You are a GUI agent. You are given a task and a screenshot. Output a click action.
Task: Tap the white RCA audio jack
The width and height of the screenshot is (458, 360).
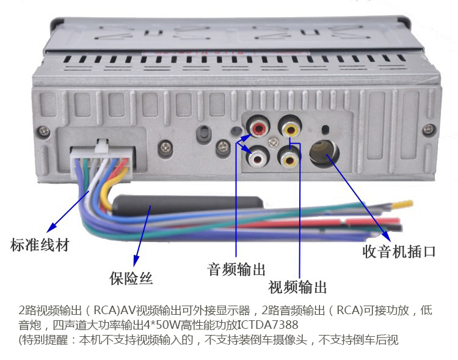tap(257, 158)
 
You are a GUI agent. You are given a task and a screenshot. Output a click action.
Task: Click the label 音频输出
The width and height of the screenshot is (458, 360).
tap(236, 269)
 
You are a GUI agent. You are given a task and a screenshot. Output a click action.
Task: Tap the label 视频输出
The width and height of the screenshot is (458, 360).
tap(297, 287)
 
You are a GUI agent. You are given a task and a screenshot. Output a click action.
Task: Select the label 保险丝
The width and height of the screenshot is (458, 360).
tap(131, 279)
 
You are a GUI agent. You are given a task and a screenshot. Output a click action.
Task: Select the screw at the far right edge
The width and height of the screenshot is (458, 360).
tap(431, 130)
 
